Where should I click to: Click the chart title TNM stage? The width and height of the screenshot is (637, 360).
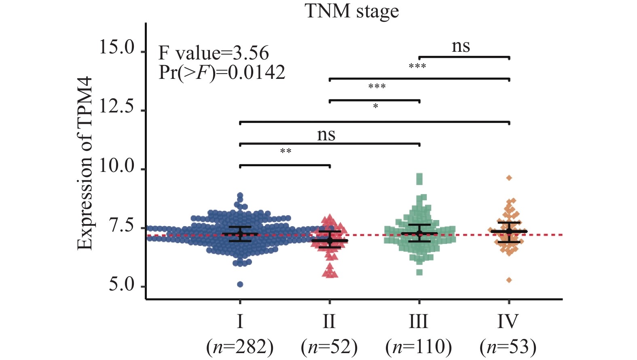click(351, 11)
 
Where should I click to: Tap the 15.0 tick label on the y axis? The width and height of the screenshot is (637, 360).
click(117, 47)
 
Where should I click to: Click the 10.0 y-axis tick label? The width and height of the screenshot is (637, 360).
click(117, 166)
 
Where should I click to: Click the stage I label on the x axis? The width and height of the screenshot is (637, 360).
click(240, 322)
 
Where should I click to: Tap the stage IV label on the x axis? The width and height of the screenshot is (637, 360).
click(508, 322)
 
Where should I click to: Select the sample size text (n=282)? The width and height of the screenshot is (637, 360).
click(240, 347)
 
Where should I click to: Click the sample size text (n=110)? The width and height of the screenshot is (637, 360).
click(419, 347)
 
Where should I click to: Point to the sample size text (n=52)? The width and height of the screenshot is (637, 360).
click(329, 347)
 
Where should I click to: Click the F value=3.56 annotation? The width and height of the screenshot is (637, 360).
click(214, 53)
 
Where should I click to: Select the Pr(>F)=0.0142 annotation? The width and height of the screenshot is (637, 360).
click(222, 72)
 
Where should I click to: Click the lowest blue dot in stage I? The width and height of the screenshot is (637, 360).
click(240, 284)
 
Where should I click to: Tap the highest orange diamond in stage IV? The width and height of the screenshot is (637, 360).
click(509, 178)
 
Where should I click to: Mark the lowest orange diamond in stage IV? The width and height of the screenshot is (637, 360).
click(509, 280)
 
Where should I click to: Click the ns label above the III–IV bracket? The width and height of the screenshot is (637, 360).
click(461, 46)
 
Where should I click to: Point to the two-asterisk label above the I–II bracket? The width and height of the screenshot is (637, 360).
click(286, 151)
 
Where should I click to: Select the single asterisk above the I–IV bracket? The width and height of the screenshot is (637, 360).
click(375, 106)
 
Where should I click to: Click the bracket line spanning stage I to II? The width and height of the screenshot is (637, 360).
click(285, 165)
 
